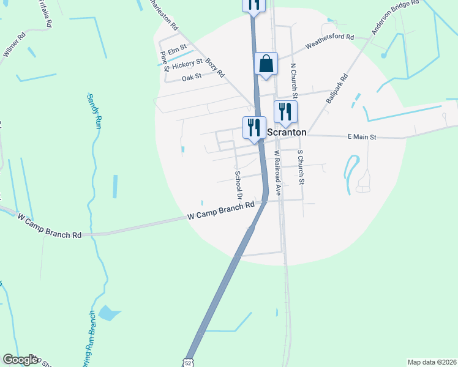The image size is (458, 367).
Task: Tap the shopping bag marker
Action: coord(266,64)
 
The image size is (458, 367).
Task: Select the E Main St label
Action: coord(361,138)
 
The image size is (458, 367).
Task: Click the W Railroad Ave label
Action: coord(277,172)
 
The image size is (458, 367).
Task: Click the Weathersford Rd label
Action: coord(330,41)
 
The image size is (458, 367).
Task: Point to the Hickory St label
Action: coord(187,64)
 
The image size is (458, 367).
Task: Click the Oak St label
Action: coord(192,78)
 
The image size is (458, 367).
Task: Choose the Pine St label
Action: coord(164,61)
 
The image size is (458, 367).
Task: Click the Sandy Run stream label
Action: coord(93,111)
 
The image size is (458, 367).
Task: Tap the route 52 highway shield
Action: coord(189,361)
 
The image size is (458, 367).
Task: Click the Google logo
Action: coord(20,360)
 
